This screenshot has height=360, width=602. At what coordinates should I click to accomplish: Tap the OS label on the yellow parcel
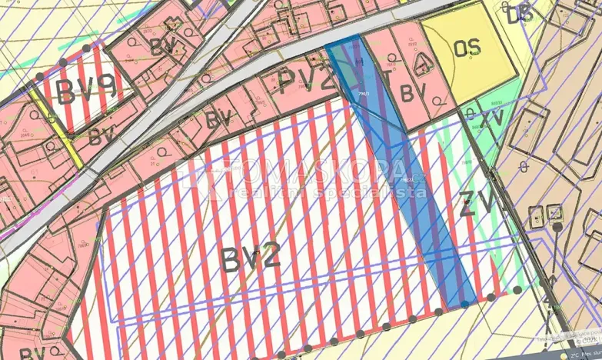467,48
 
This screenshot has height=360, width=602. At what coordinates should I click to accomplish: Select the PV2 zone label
307,80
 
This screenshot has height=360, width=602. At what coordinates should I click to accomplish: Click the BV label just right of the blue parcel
412,94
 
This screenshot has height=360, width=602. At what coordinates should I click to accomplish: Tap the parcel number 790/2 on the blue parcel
364,94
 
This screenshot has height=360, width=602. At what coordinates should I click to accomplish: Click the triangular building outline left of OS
421,66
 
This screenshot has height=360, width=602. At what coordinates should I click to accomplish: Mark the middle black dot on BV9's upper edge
85,48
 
